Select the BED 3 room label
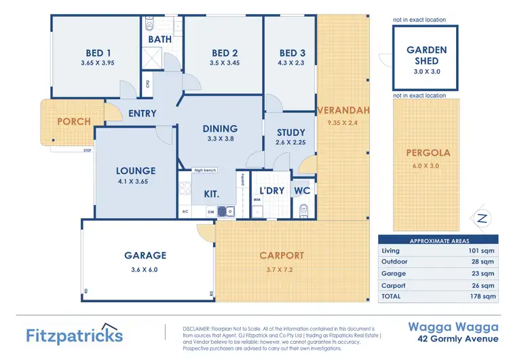pyautogui.click(x=293, y=53)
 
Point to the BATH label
pyautogui.click(x=160, y=39)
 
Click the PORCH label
pyautogui.click(x=73, y=122)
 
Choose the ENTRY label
pyautogui.click(x=142, y=113)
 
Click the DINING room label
pyautogui.click(x=220, y=128)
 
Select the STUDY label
pyautogui.click(x=291, y=132)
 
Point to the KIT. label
pyautogui.click(x=211, y=194)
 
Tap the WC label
pyautogui.click(x=302, y=191)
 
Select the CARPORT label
pyautogui.click(x=282, y=255)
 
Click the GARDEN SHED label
pyautogui.click(x=426, y=55)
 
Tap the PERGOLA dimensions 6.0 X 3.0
pyautogui.click(x=428, y=165)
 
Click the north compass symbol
pyautogui.click(x=482, y=218)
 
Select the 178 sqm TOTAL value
pyautogui.click(x=485, y=296)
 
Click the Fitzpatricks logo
pyautogui.click(x=75, y=336)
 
